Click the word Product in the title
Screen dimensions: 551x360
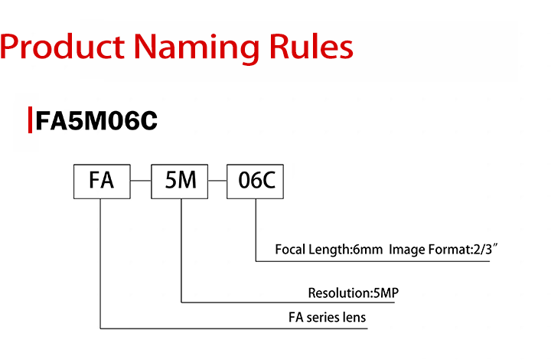pos(62,47)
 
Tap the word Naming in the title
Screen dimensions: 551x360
pos(197,49)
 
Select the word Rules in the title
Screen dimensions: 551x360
pos(311,47)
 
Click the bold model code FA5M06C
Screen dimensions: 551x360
pos(96,120)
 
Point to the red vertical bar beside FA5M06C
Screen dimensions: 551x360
pos(30,120)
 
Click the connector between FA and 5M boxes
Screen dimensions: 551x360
pos(141,181)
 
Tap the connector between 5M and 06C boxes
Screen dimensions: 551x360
pos(217,181)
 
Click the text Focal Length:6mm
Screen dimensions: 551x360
pos(329,250)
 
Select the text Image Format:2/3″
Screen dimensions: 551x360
pos(443,249)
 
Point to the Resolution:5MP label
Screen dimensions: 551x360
pos(354,293)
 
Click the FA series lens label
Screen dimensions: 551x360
pos(328,317)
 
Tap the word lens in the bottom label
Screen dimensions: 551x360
pos(354,317)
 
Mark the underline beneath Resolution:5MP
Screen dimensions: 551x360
pos(288,302)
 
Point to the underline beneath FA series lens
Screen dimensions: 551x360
pos(234,329)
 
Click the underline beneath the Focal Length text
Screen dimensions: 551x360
pos(373,261)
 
